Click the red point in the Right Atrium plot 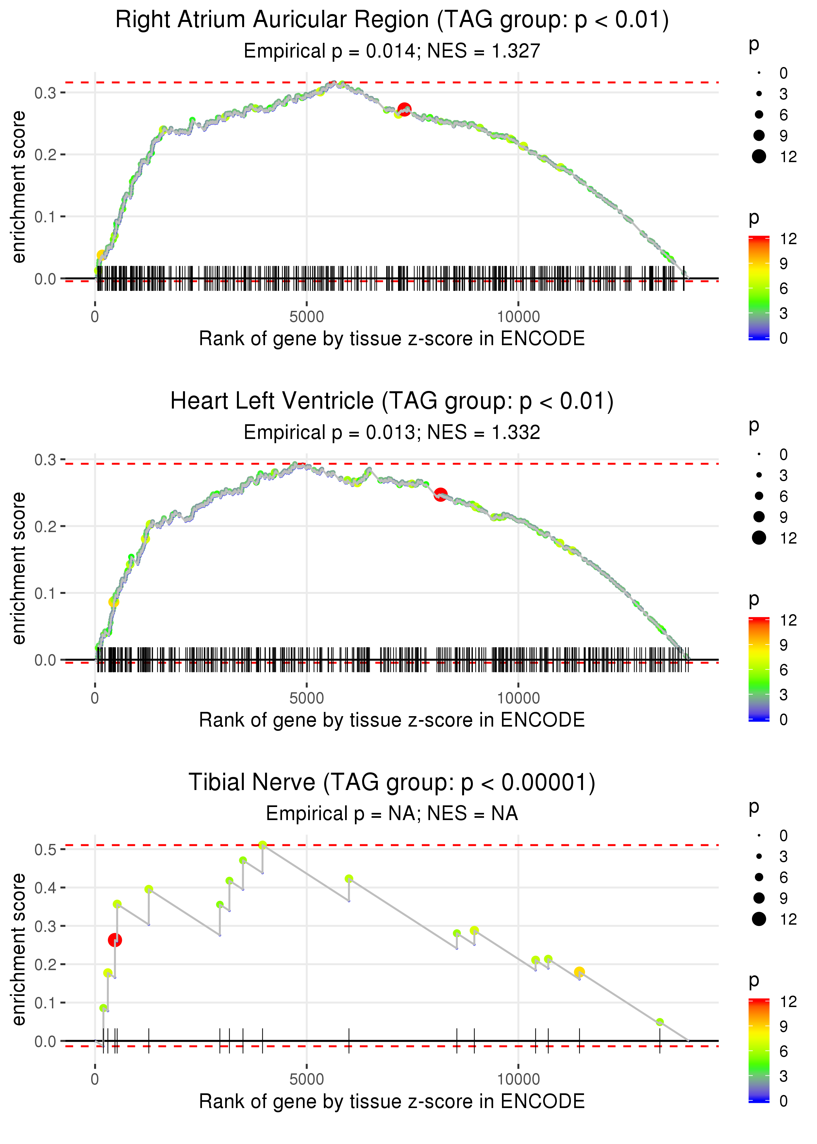(x=405, y=109)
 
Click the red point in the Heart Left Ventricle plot (x=441, y=495)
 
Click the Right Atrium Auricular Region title (x=392, y=20)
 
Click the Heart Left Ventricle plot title (x=392, y=401)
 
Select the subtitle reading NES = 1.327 (x=392, y=51)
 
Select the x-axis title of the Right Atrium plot (x=392, y=339)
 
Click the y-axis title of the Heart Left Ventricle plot (x=19, y=568)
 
